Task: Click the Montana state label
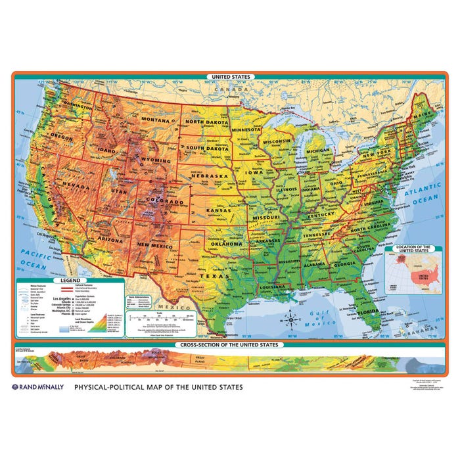pyautogui.click(x=155, y=120)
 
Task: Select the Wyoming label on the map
pyautogui.click(x=156, y=160)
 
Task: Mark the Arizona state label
pyautogui.click(x=109, y=240)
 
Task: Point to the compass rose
pyautogui.click(x=292, y=321)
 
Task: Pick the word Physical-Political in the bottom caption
pyautogui.click(x=118, y=388)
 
